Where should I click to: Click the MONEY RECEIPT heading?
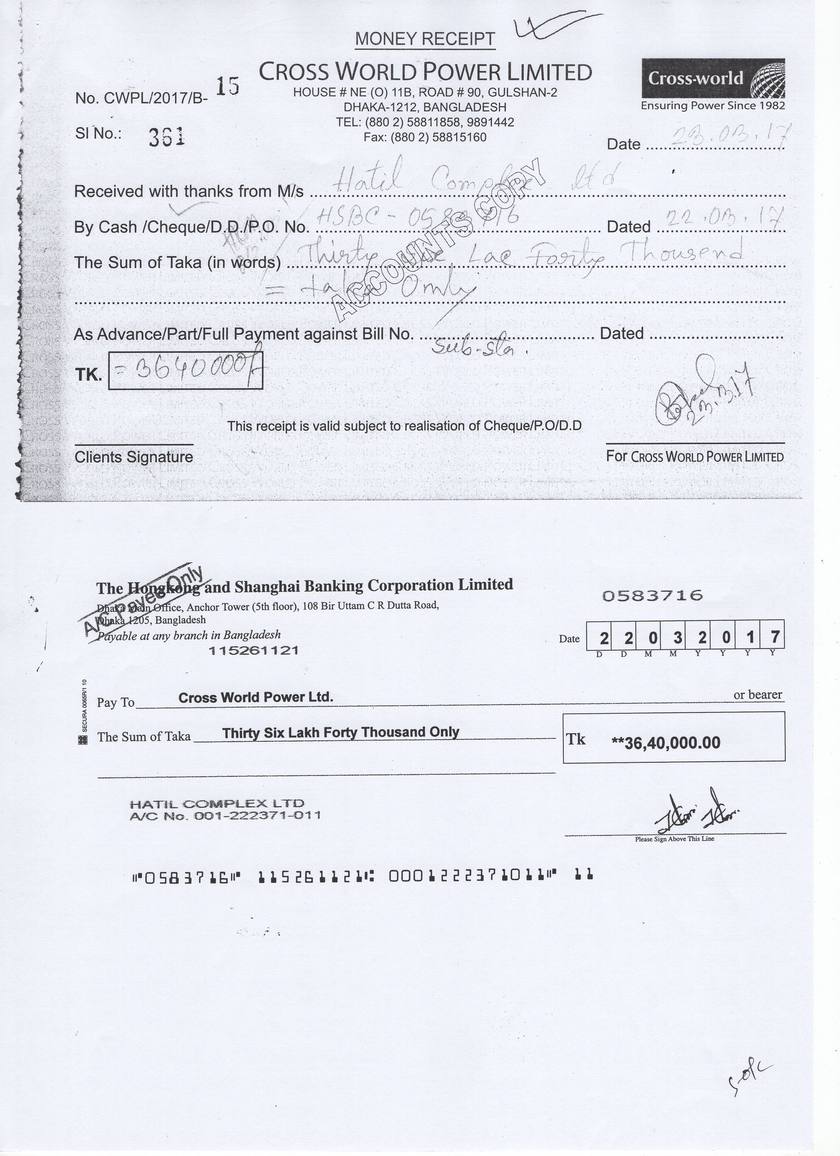pyautogui.click(x=425, y=39)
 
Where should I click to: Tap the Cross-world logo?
pyautogui.click(x=713, y=79)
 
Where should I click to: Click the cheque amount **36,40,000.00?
pyautogui.click(x=666, y=743)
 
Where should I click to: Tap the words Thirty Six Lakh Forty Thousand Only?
pyautogui.click(x=341, y=733)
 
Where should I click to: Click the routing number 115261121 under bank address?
pyautogui.click(x=253, y=650)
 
